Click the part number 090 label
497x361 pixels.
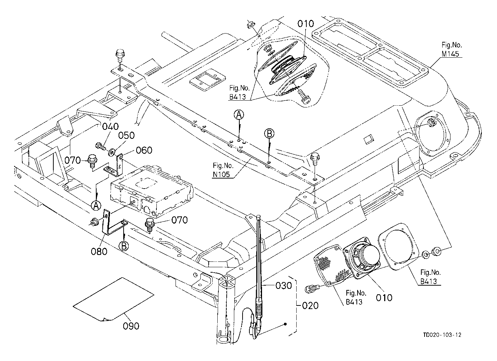pos(131,326)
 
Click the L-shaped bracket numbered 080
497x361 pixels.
pos(108,225)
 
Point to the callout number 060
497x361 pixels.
pos(144,150)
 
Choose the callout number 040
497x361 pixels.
pos(110,127)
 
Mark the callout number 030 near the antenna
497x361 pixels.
pos(283,285)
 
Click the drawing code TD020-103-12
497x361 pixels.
pos(442,335)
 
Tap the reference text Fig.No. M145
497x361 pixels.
pos(452,49)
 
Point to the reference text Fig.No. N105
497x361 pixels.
pos(223,170)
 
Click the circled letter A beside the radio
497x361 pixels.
pos(96,206)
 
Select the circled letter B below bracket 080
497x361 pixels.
pos(124,246)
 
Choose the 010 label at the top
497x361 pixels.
pos(306,24)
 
